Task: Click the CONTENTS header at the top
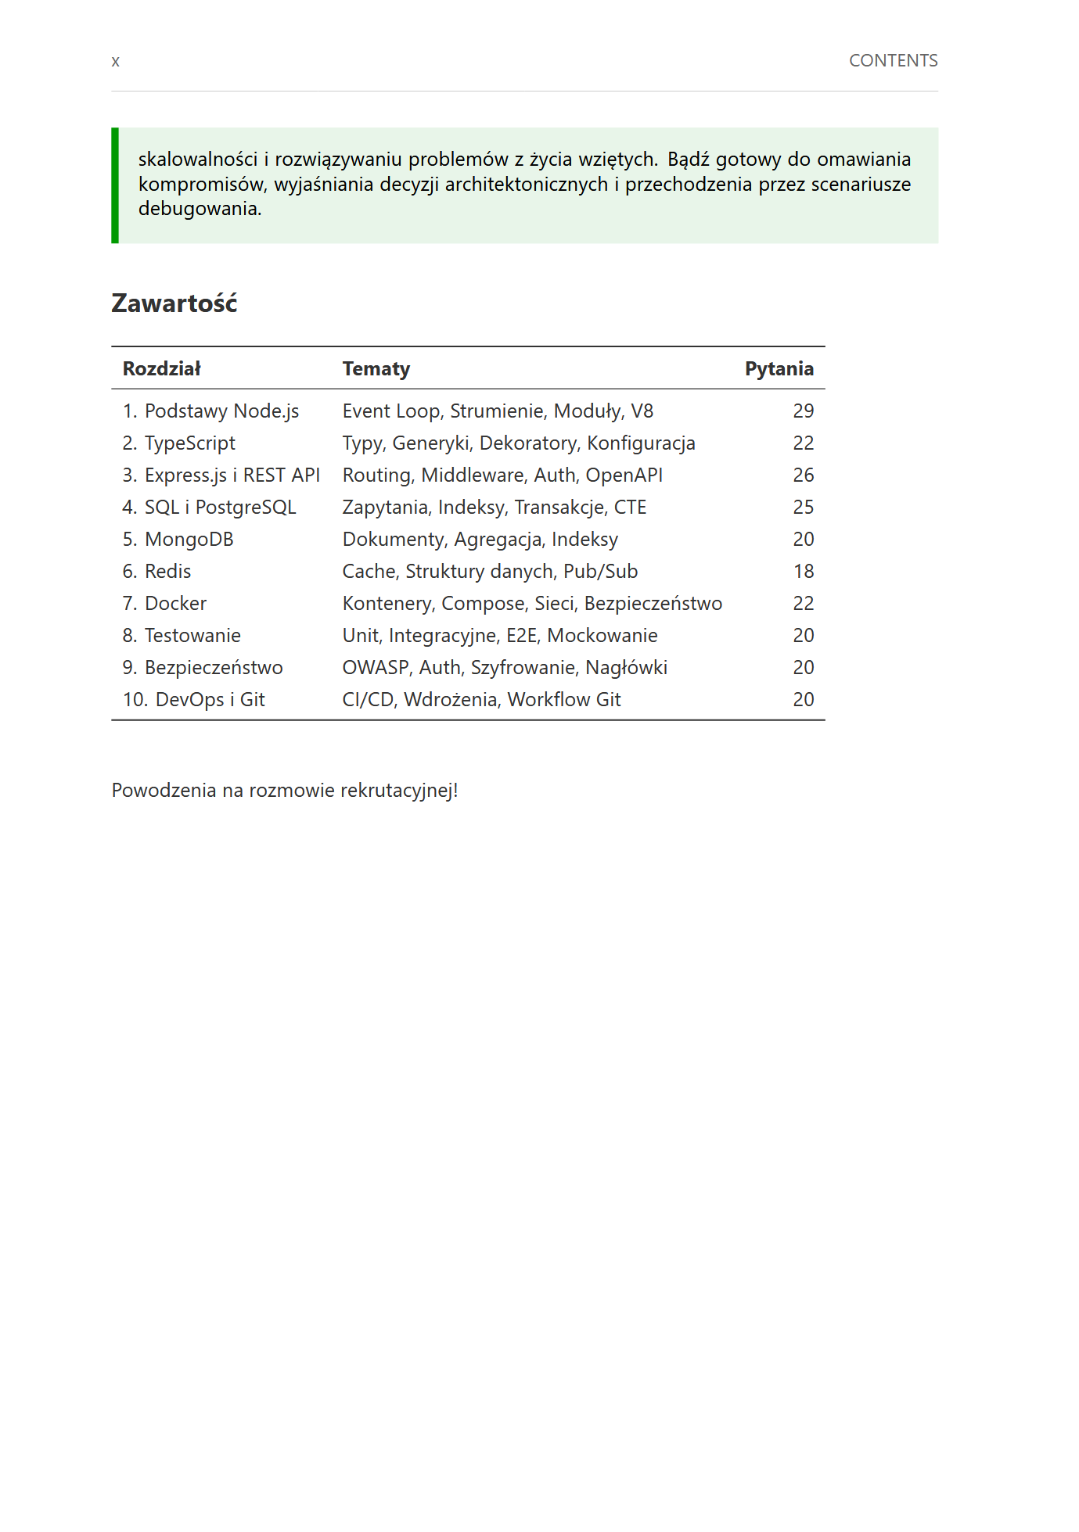(x=893, y=61)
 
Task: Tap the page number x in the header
(x=116, y=62)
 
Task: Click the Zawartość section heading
(x=174, y=303)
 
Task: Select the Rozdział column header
(x=162, y=369)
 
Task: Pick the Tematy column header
(x=376, y=369)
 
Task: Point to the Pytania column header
(x=779, y=369)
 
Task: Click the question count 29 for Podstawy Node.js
(x=803, y=411)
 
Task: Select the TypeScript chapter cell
(x=179, y=443)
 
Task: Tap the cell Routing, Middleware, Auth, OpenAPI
(x=502, y=475)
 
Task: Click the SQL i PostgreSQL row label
(x=210, y=508)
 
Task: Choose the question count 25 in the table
(x=803, y=508)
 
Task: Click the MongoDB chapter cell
(x=178, y=540)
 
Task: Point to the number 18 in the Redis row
(x=803, y=572)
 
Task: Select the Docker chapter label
(x=165, y=604)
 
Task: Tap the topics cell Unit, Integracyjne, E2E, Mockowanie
(x=499, y=636)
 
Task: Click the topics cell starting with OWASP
(x=505, y=668)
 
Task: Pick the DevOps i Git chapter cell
(x=194, y=700)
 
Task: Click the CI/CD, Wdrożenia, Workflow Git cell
(x=481, y=700)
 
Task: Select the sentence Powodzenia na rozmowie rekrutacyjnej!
(x=285, y=791)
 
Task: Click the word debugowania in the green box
(x=199, y=209)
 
